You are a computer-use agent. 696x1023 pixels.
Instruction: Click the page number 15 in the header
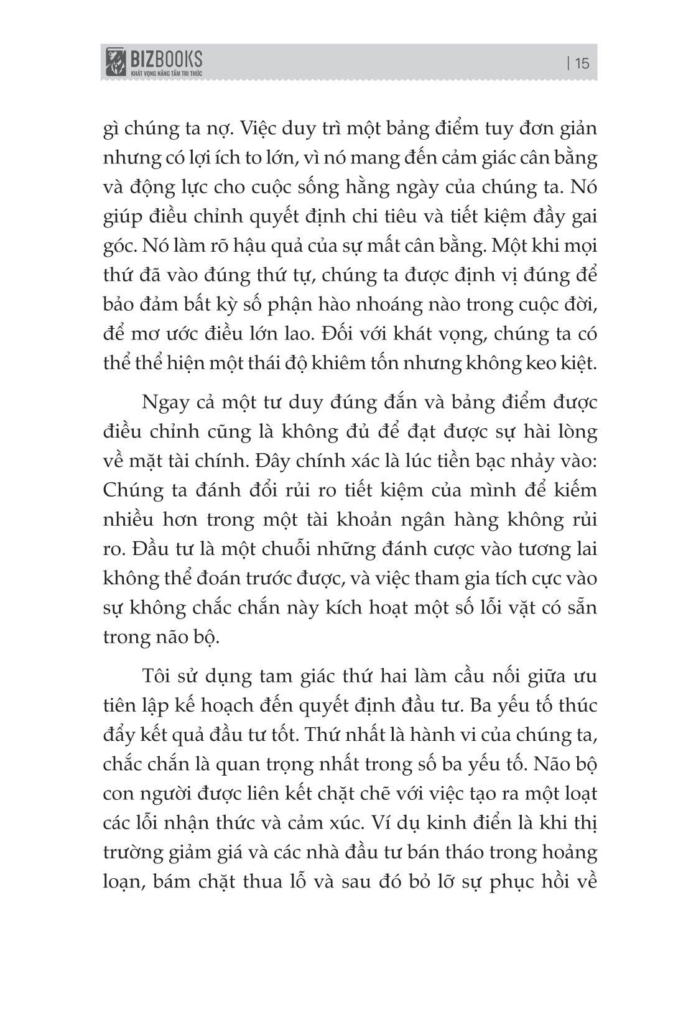(582, 63)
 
